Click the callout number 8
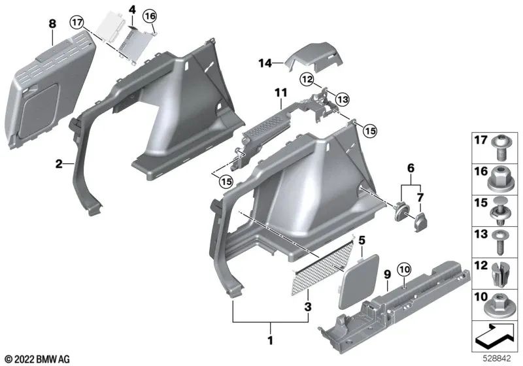pos(52,24)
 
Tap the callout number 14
pos(264,63)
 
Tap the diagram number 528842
pos(499,359)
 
